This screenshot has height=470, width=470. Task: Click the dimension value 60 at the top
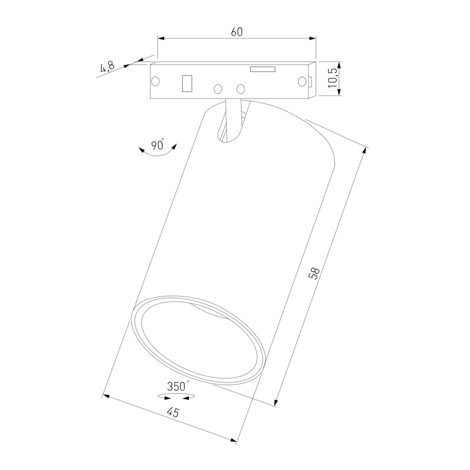tap(237, 32)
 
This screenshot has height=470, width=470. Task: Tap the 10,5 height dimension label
tap(333, 77)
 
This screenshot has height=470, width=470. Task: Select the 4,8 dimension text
tap(107, 67)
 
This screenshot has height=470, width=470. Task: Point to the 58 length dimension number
tap(314, 273)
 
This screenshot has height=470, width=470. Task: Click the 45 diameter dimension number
tap(173, 413)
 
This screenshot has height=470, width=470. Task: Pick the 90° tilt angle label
tap(157, 144)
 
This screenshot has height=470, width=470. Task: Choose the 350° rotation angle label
tap(178, 386)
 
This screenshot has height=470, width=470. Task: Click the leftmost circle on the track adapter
tap(155, 81)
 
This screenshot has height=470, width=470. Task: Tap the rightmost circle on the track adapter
tap(302, 81)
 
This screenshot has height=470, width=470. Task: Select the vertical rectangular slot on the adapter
tap(187, 83)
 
